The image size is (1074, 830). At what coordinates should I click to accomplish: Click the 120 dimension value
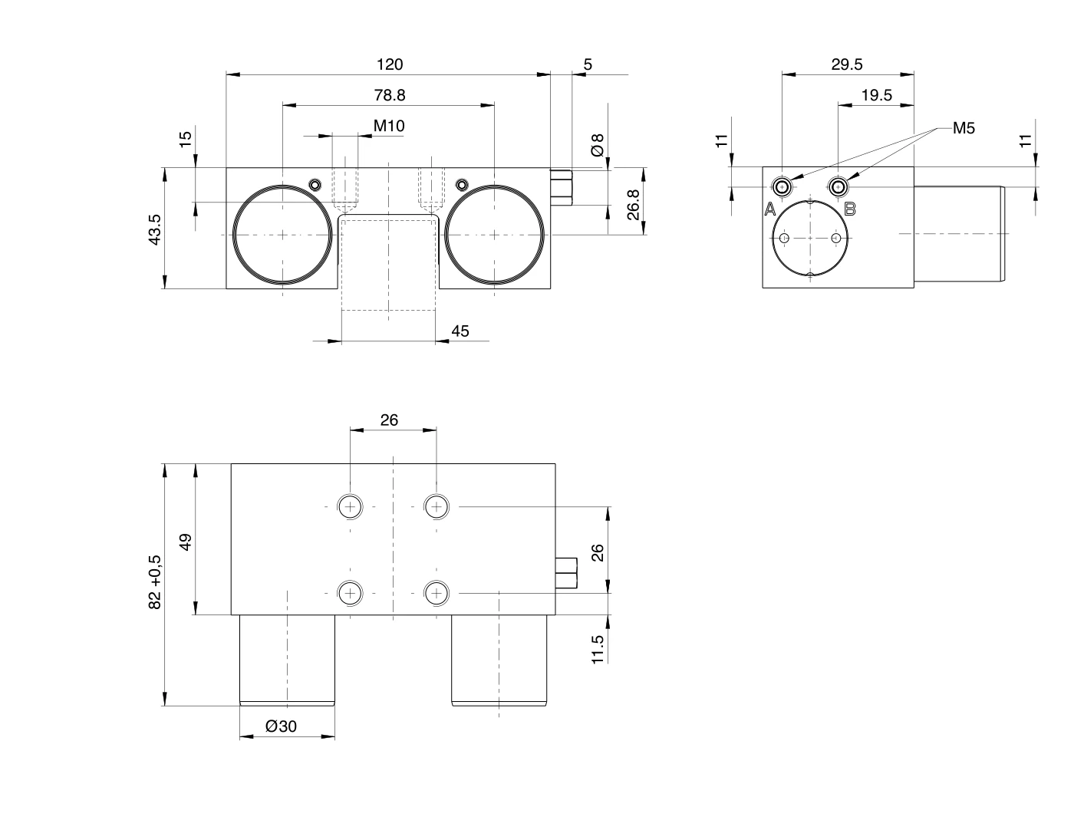point(390,64)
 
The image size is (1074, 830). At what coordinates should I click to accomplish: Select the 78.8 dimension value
point(390,95)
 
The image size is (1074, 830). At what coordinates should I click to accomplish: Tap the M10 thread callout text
point(389,126)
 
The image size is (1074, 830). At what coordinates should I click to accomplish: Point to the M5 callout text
point(964,128)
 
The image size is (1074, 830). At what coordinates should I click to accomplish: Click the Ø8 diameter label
point(598,145)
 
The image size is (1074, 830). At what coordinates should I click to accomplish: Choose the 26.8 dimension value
point(633,205)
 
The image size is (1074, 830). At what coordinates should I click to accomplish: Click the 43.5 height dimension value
point(155,229)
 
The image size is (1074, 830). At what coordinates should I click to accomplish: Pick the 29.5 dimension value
point(847,64)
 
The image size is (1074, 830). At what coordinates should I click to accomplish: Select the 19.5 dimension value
point(877,95)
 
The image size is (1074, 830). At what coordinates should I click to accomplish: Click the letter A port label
point(770,209)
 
